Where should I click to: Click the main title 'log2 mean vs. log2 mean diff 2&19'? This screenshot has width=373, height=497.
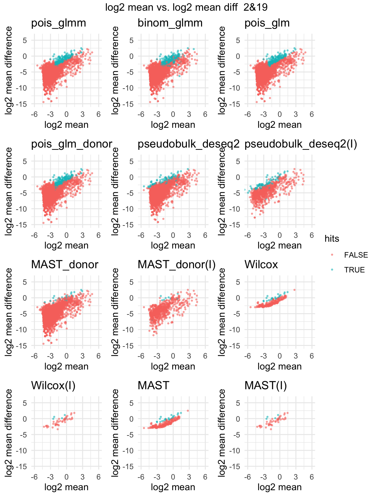coord(186,7)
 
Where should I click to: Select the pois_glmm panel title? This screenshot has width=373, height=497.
coord(59,23)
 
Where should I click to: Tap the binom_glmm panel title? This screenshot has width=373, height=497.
coord(170,23)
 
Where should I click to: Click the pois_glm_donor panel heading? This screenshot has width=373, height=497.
coord(72,144)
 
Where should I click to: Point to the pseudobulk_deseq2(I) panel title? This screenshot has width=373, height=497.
coord(300,144)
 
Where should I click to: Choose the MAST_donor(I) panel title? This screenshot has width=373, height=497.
coord(176,265)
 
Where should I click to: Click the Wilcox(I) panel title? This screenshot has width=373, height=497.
coord(53,385)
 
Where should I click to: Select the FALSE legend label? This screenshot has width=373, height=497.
coord(356,255)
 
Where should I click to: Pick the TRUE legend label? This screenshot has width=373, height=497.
coord(354,270)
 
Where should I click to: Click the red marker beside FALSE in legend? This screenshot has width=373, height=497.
coord(332,255)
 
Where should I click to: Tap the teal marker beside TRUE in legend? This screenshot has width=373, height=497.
coord(332,270)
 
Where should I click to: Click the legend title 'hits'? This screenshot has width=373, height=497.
coord(332,238)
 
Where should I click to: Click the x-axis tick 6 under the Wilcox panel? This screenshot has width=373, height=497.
coord(311,356)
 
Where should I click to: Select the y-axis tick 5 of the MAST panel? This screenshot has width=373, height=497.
coord(131,403)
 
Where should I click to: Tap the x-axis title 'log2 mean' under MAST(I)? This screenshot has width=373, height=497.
coord(279,487)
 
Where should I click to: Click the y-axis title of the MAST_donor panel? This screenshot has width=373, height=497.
coord(9,312)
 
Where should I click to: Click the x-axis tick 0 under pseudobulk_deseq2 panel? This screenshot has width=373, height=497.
coord(173,235)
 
